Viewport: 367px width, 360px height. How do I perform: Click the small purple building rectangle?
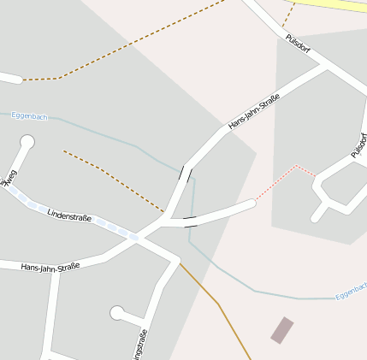pyautogui.click(x=281, y=329)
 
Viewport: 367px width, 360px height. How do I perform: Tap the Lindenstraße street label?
pyautogui.click(x=69, y=216)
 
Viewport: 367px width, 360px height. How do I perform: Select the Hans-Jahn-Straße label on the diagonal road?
pyautogui.click(x=254, y=114)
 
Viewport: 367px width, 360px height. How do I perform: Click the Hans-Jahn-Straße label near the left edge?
pyautogui.click(x=50, y=267)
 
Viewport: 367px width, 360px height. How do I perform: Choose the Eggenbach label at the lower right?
pyautogui.click(x=351, y=292)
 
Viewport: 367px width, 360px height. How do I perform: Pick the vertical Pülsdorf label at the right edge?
pyautogui.click(x=358, y=144)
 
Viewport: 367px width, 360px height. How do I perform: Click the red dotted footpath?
pyautogui.click(x=287, y=176)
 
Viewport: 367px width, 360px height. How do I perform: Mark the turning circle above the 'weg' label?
pyautogui.click(x=27, y=141)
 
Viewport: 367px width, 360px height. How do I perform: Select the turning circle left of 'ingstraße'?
pyautogui.click(x=116, y=313)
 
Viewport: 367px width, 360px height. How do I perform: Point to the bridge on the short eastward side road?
pyautogui.click(x=190, y=222)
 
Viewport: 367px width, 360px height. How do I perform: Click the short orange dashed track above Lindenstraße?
pyautogui.click(x=111, y=180)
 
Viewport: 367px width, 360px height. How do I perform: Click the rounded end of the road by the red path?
pyautogui.click(x=252, y=203)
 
